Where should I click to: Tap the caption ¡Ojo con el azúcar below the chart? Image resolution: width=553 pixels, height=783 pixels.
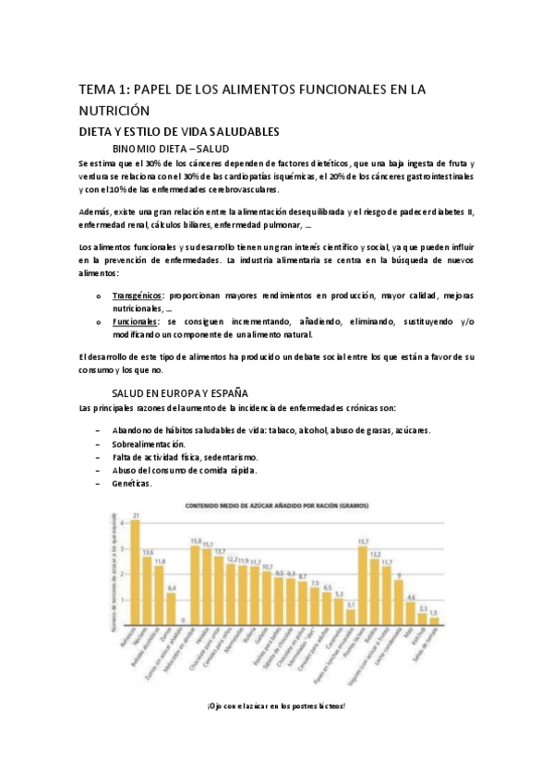click(277, 705)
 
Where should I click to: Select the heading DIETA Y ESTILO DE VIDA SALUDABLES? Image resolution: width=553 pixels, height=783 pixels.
click(178, 131)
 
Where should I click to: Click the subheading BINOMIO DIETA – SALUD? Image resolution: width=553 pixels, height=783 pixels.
click(170, 148)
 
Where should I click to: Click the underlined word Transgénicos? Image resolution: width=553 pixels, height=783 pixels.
click(138, 295)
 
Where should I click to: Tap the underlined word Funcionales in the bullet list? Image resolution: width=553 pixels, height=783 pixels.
click(135, 321)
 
